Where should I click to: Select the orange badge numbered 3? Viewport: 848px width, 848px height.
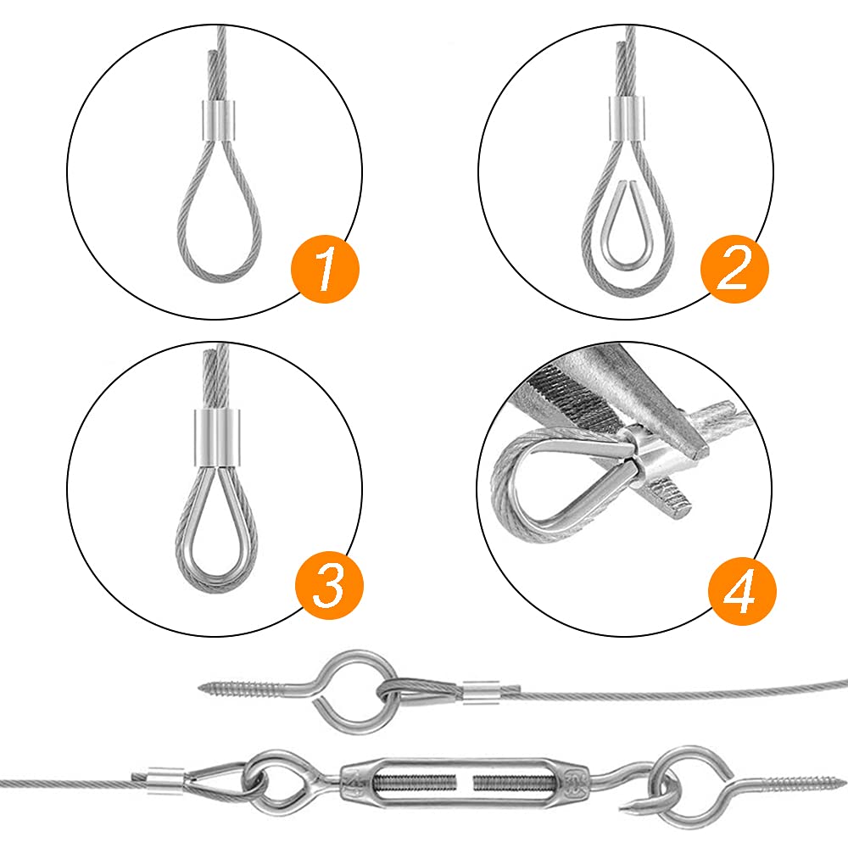tap(329, 585)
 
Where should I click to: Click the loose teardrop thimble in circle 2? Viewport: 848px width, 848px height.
tap(628, 229)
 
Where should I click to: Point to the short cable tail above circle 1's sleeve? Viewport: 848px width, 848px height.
tap(210, 76)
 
